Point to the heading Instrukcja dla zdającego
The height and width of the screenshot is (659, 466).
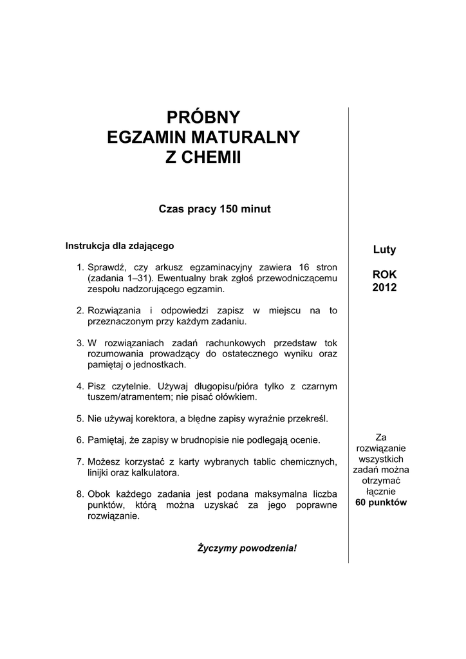coord(120,245)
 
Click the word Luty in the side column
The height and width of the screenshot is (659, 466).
coord(384,249)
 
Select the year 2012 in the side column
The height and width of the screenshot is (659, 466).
coord(384,287)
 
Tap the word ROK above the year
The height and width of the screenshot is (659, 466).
coord(384,275)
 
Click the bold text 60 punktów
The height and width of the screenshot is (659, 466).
coord(381,502)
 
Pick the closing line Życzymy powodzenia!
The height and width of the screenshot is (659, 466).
coord(247,548)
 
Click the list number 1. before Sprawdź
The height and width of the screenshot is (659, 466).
coord(80,267)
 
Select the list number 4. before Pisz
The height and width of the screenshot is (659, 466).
coord(80,386)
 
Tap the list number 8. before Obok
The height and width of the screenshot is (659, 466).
coord(80,494)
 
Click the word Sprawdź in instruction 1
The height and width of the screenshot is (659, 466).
coord(107,267)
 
